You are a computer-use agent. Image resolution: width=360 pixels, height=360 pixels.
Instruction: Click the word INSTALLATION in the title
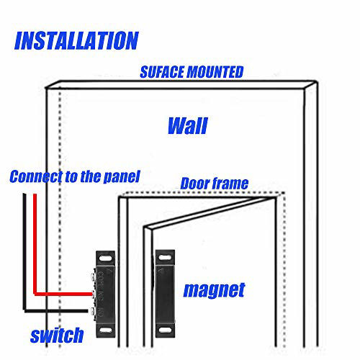[x=76, y=40]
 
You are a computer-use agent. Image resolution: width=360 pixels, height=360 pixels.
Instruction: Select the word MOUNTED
[x=215, y=72]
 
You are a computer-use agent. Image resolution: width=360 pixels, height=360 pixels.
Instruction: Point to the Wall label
[x=188, y=125]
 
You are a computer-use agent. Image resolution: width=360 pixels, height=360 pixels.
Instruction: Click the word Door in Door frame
[x=195, y=184]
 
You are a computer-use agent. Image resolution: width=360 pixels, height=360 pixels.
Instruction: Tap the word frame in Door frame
[x=230, y=184]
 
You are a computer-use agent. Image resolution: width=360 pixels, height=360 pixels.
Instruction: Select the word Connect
[x=36, y=176]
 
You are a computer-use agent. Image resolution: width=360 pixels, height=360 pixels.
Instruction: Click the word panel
[x=122, y=177]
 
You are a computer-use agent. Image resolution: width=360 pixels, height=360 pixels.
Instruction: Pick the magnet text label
[x=214, y=290]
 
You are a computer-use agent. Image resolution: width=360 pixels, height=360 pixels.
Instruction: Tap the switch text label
[x=57, y=335]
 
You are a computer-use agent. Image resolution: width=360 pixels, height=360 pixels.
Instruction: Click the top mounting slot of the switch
[x=106, y=258]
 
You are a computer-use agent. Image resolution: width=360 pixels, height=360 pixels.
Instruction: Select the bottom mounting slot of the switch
[x=106, y=330]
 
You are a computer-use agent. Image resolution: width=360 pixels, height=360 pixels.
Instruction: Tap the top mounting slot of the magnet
[x=165, y=258]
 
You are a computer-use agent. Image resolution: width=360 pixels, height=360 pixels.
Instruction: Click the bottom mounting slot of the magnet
[x=165, y=330]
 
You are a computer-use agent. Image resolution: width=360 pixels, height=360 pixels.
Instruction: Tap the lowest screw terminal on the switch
[x=93, y=311]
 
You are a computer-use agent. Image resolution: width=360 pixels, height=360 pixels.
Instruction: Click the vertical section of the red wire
[x=35, y=244]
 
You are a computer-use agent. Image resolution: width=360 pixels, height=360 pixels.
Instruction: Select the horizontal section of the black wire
[x=56, y=311]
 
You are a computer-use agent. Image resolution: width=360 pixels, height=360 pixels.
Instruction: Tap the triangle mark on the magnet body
[x=161, y=271]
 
